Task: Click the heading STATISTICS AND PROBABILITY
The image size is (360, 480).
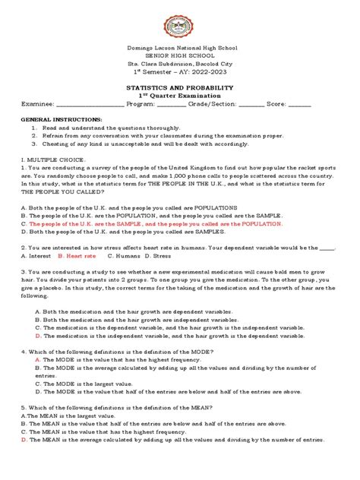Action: pyautogui.click(x=179, y=88)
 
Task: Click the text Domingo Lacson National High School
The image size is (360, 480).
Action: pyautogui.click(x=179, y=48)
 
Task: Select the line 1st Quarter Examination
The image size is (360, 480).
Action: pyautogui.click(x=179, y=96)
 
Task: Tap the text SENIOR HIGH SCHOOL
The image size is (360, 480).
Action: pyautogui.click(x=179, y=56)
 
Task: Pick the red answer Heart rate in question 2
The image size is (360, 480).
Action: pyautogui.click(x=81, y=257)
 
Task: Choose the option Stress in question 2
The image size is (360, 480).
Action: pyautogui.click(x=162, y=257)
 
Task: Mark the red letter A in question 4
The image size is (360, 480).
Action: pyautogui.click(x=38, y=359)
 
